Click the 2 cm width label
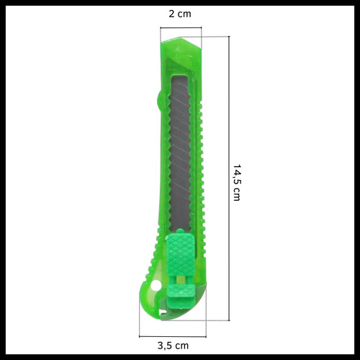[x=179, y=14]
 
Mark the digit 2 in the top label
[x=171, y=14]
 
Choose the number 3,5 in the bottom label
[x=166, y=346]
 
